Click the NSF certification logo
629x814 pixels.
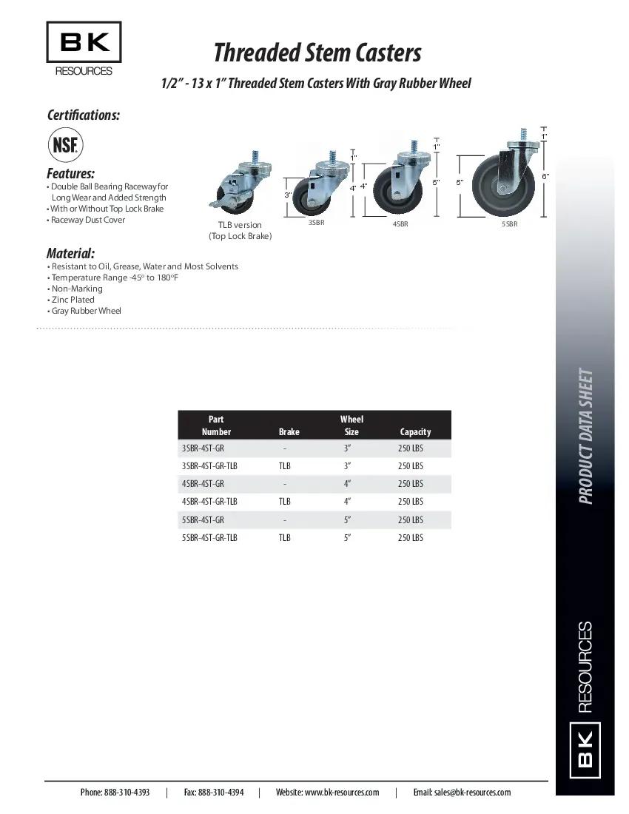tap(67, 144)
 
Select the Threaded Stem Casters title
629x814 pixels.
tap(317, 53)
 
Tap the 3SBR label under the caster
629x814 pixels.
tap(316, 222)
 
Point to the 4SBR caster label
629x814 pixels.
tap(400, 223)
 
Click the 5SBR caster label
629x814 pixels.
tap(509, 223)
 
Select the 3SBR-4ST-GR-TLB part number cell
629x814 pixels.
tap(209, 466)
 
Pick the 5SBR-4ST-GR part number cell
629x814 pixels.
tap(203, 520)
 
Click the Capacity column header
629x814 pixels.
tap(415, 432)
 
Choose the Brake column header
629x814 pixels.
tap(289, 432)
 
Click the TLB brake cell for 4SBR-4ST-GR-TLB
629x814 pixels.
tap(285, 502)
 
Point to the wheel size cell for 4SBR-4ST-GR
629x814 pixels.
tap(347, 484)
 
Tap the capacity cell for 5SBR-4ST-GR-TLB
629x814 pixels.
tap(411, 538)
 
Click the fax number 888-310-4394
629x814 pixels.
tap(213, 793)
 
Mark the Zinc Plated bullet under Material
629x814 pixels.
tap(73, 300)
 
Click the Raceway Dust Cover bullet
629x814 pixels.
tap(87, 220)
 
